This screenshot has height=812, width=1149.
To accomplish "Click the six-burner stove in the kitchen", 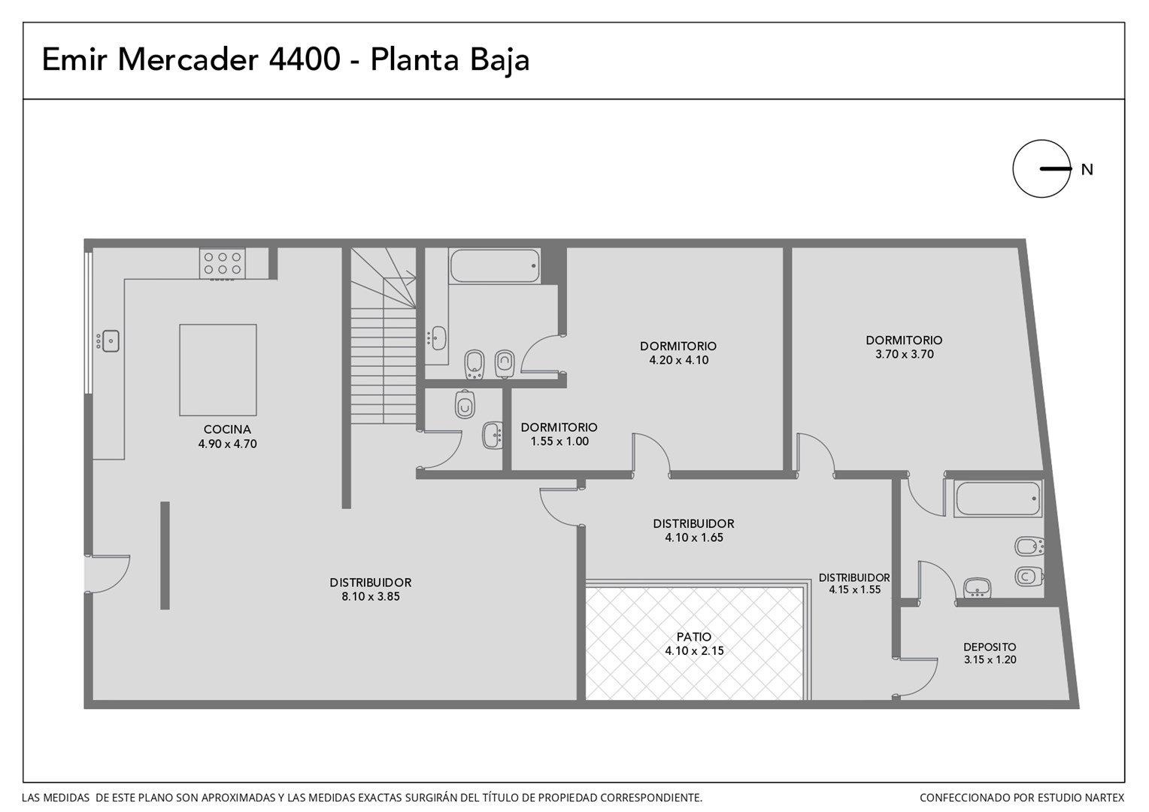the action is [222, 264].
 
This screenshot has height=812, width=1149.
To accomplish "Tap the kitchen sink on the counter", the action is [111, 341].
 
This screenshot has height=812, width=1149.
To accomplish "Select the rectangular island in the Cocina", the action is [218, 370].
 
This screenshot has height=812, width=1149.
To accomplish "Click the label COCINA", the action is [227, 429].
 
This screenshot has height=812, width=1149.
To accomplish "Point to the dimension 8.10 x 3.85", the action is [371, 596].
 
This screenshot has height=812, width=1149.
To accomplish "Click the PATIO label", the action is [694, 637].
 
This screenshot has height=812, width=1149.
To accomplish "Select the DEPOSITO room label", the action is [990, 647].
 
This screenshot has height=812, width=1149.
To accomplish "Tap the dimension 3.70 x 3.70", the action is [905, 354].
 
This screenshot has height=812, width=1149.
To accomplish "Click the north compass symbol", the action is [1041, 168].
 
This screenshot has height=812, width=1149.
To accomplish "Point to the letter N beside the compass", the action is [1087, 170].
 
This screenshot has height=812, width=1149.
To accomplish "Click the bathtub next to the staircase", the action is [495, 265].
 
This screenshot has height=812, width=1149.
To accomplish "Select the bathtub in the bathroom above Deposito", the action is [998, 499].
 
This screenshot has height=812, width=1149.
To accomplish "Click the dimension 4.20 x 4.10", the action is [678, 360].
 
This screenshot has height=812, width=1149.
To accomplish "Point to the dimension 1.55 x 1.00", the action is [559, 441].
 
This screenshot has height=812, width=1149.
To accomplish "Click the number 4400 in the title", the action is [305, 59].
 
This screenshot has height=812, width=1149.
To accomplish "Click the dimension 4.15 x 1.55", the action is [854, 589].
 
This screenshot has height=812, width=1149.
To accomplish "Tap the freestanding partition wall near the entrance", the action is [165, 556].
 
